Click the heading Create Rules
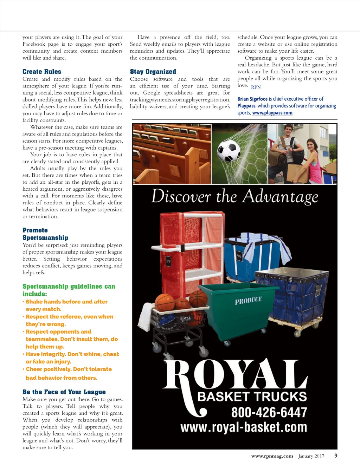point(42,72)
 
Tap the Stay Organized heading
point(153,72)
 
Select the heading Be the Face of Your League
point(64,392)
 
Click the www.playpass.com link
point(272,113)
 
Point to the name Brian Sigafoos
point(252,99)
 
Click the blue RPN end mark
point(256,87)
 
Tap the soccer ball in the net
point(229,150)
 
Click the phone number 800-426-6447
point(269,412)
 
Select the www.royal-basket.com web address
point(244,427)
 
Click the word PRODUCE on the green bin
point(248,301)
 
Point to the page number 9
point(336,455)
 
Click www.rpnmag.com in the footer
point(272,456)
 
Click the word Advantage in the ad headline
point(280,197)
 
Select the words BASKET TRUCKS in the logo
point(252,397)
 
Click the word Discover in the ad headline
point(181,197)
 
